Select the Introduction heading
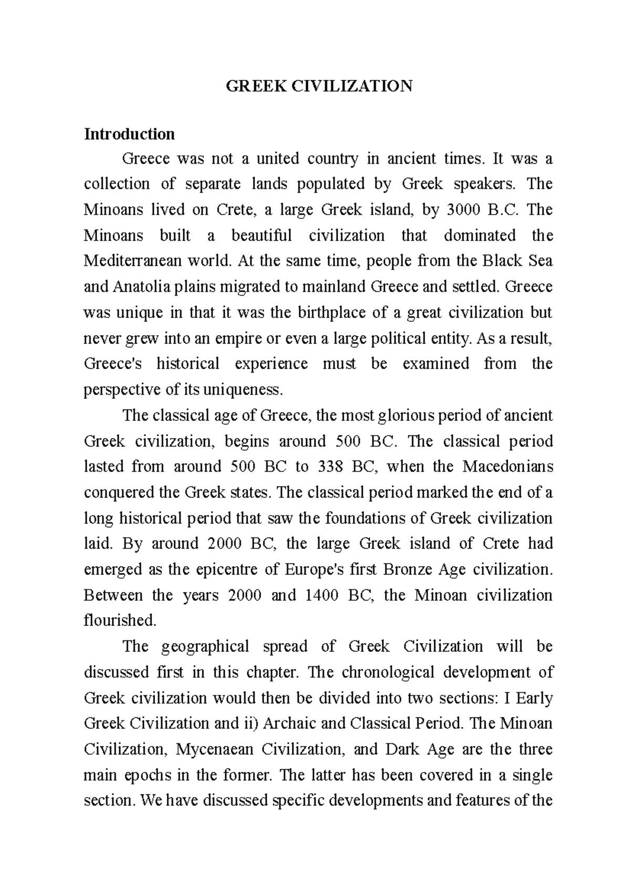coord(129,134)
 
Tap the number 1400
coord(321,595)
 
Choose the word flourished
coord(120,621)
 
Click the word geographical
coord(205,646)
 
